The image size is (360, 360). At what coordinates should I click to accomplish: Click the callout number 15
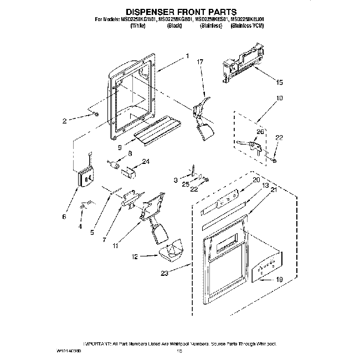click(279, 83)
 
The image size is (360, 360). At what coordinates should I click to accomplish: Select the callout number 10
click(279, 98)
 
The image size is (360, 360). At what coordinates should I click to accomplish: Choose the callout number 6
click(64, 217)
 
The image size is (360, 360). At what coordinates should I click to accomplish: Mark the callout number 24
click(146, 162)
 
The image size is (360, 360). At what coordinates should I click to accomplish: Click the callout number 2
click(65, 120)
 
